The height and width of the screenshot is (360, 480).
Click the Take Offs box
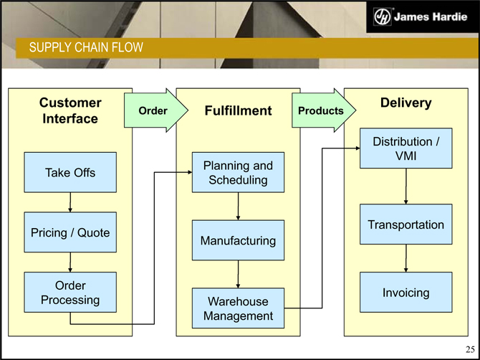pos(70,172)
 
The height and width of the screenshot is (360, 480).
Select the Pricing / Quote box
pos(70,232)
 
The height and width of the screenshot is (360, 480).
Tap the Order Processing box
pos(70,292)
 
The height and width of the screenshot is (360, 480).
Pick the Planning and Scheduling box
pos(238,172)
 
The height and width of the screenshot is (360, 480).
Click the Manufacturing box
pos(238,240)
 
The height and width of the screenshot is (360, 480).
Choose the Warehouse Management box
pos(238,308)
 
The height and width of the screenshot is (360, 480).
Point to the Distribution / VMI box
pos(406,148)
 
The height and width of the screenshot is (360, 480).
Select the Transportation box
pos(406,224)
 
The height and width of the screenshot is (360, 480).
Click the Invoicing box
pos(406,292)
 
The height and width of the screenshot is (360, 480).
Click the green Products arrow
pos(321,110)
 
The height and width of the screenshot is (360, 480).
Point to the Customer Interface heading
pos(69,110)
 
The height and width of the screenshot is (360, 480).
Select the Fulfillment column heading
pos(238,110)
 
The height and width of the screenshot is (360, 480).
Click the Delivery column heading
pos(405,103)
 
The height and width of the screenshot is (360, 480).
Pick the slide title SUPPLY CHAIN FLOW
pos(86,48)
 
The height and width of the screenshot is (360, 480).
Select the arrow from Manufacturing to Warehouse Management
pos(238,274)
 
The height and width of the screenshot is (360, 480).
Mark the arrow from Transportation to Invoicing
pos(406,258)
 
